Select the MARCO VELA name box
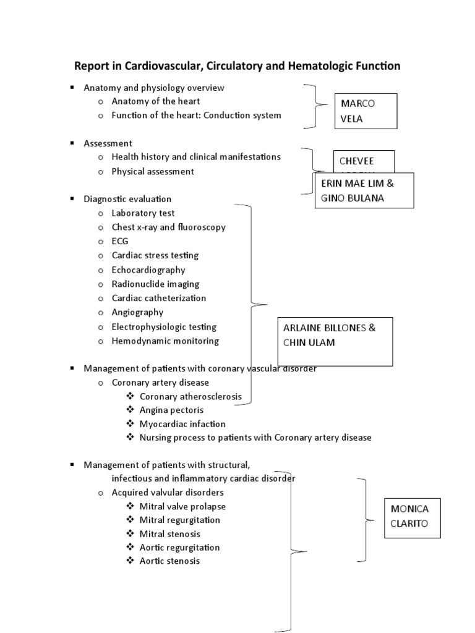click(x=365, y=111)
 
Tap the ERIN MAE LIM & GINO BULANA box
click(x=364, y=190)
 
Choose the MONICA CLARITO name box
click(x=412, y=518)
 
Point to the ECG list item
click(x=120, y=241)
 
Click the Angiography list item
click(x=137, y=312)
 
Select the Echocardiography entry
click(x=148, y=270)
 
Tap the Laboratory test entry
click(x=143, y=213)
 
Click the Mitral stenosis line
click(x=169, y=533)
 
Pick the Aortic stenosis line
click(x=169, y=561)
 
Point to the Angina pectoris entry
click(x=171, y=409)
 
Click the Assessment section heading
click(x=108, y=143)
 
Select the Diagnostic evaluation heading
click(x=127, y=199)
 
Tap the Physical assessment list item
click(x=152, y=171)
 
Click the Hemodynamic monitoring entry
click(x=165, y=341)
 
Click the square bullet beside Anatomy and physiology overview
click(x=72, y=88)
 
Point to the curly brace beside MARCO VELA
click(x=317, y=106)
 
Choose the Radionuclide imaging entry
click(x=155, y=284)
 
